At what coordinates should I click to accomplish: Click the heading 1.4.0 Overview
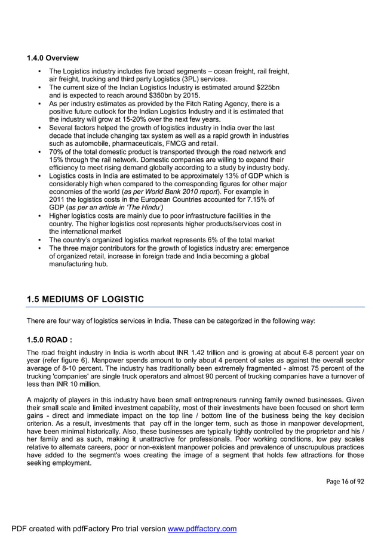tap(53, 58)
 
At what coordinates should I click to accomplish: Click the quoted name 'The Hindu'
tap(136, 208)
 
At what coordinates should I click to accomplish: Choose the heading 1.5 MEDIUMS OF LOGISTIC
tap(85, 299)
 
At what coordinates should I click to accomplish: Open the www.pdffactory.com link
tap(202, 529)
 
